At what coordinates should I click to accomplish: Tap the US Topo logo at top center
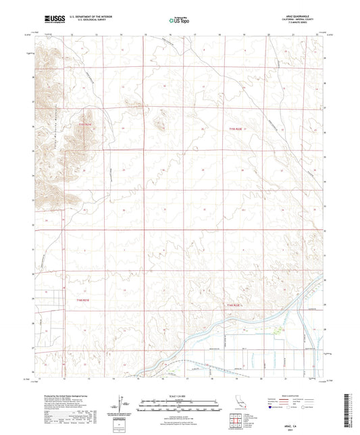(x=179, y=21)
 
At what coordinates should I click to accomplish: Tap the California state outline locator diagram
(x=241, y=405)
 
